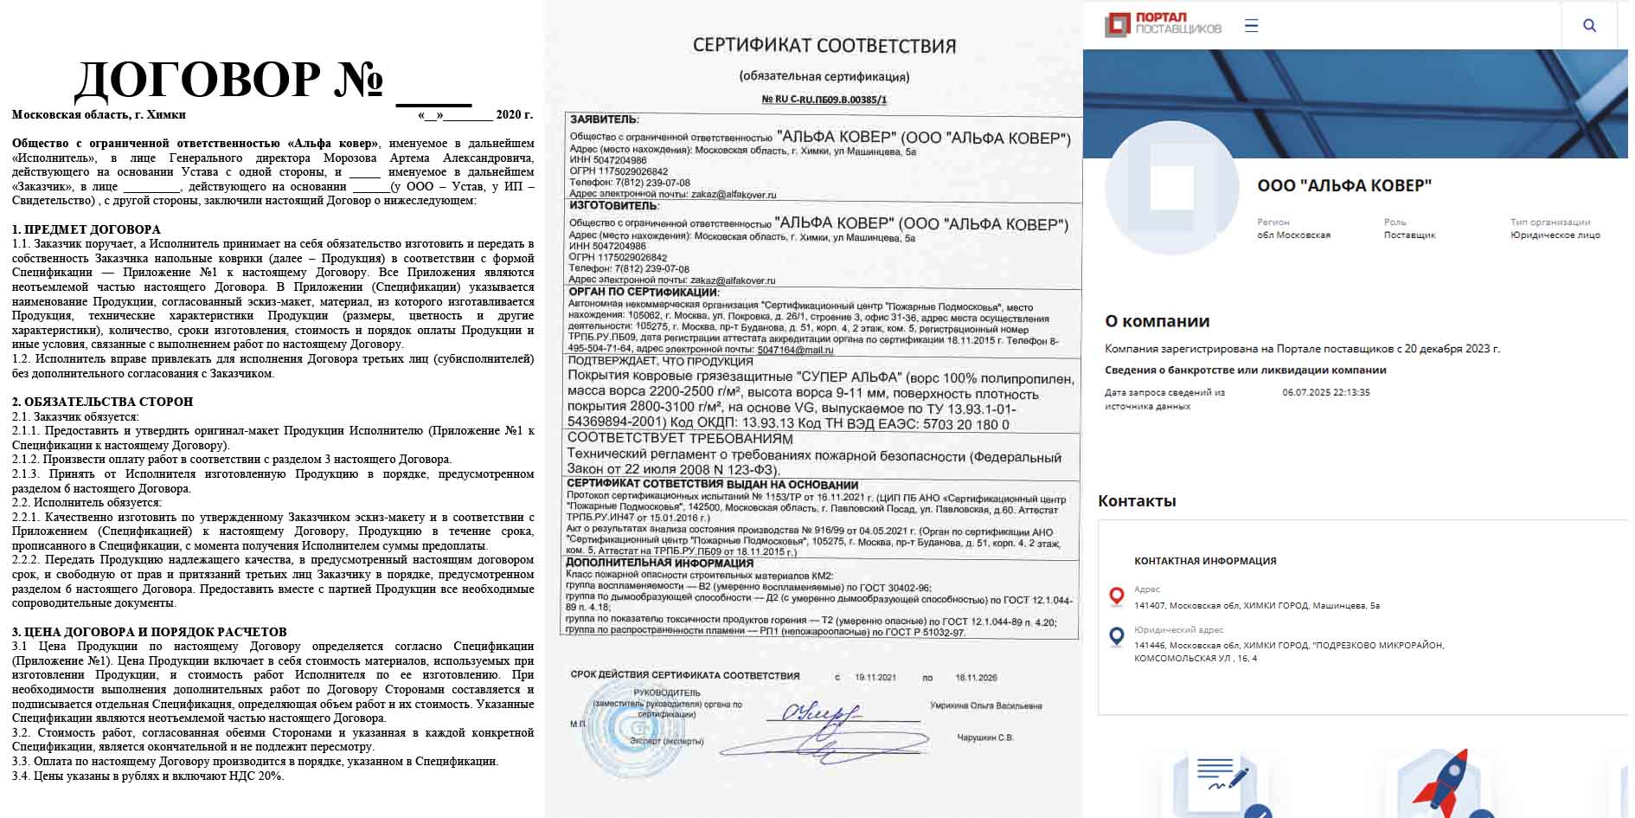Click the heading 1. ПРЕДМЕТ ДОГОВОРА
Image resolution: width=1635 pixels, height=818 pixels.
(x=87, y=229)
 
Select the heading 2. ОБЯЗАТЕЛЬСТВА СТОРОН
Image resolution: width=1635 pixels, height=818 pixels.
(x=102, y=402)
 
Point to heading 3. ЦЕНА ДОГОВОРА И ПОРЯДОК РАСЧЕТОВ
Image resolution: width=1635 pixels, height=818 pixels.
(x=149, y=632)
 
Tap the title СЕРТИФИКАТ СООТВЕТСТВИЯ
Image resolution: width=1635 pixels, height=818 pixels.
(x=824, y=46)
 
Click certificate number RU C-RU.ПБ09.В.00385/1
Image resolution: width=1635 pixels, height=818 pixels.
(x=824, y=100)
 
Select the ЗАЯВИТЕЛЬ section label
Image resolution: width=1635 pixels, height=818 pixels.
(x=603, y=119)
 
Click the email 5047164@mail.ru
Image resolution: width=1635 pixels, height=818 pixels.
(x=795, y=350)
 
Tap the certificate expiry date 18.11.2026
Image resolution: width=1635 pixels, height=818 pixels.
(x=976, y=678)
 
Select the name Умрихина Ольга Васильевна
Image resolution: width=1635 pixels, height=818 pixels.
(x=985, y=706)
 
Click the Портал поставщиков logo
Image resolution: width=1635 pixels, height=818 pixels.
(x=1163, y=24)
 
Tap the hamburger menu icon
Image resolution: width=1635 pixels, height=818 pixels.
(x=1251, y=25)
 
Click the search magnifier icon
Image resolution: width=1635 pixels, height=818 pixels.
(x=1589, y=25)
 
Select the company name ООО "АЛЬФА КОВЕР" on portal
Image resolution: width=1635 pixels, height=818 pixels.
(x=1343, y=186)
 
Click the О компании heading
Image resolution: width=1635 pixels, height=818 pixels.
(x=1157, y=322)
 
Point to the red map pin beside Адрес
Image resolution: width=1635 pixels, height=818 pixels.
(x=1117, y=596)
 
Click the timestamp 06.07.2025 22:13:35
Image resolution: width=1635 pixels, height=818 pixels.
(x=1326, y=393)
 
